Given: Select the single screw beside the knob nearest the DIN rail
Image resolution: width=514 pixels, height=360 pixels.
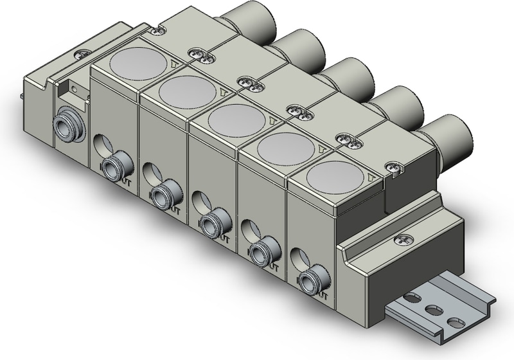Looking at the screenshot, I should coord(392,169).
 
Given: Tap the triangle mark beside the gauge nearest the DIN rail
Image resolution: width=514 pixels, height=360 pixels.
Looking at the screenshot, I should coord(371,175).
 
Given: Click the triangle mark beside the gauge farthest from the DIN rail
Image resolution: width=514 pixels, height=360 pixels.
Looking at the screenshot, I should coord(177,62).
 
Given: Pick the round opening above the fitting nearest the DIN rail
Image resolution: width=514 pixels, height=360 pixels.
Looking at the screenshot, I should coord(296,258).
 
